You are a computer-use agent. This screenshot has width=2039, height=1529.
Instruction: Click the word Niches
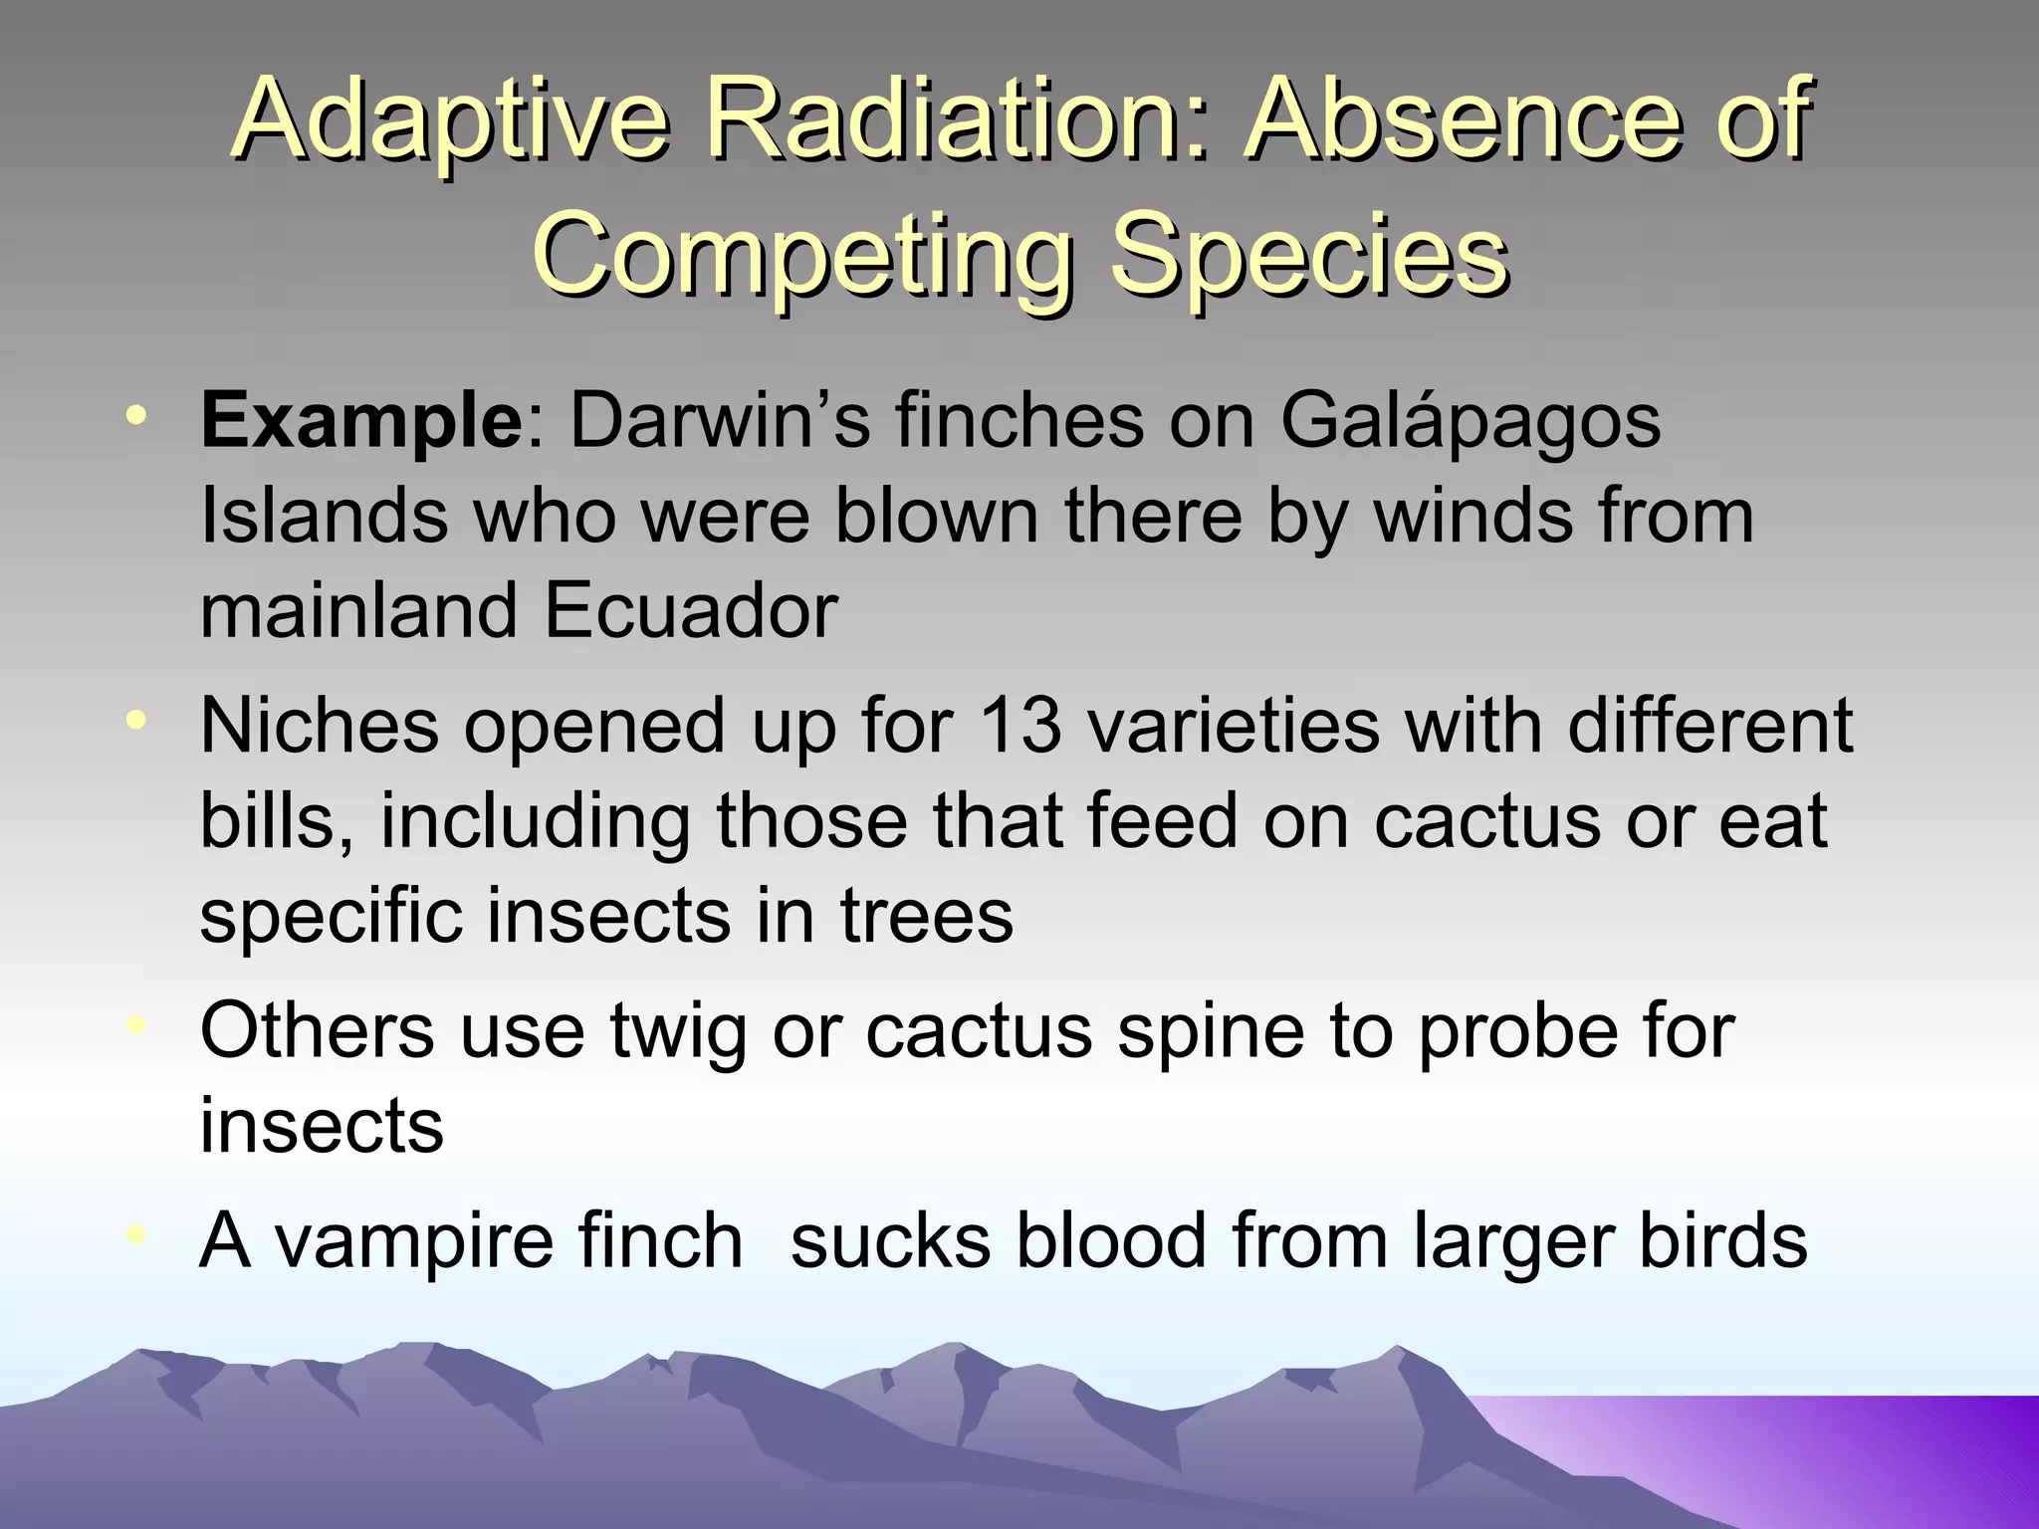(319, 725)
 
